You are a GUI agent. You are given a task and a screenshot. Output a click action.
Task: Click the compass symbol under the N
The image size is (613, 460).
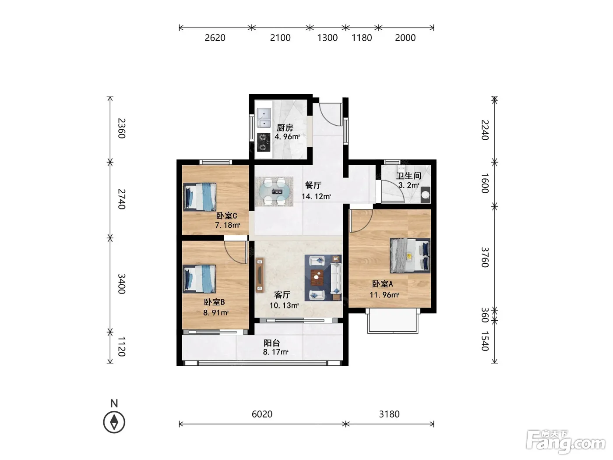click(114, 422)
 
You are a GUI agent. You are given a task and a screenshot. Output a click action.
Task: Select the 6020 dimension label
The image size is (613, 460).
click(262, 414)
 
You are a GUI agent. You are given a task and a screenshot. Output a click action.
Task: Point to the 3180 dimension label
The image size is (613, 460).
click(389, 414)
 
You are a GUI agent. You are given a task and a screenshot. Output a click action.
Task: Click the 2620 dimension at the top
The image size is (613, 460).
click(215, 38)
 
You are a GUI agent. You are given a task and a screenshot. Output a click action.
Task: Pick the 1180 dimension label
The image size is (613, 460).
click(362, 38)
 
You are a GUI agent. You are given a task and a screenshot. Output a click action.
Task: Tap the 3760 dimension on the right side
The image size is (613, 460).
click(485, 257)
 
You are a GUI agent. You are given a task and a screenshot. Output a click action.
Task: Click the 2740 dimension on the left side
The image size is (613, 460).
click(121, 199)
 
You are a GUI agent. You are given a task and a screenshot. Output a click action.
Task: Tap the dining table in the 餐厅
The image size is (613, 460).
click(274, 191)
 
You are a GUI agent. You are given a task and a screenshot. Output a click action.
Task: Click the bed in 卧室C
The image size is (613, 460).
click(200, 197)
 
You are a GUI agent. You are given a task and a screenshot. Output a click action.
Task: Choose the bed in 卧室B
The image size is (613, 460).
click(199, 279)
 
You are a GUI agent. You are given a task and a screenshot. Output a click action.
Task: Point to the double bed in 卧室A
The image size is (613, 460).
click(410, 255)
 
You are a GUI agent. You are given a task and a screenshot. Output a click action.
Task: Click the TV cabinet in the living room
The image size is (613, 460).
click(260, 275)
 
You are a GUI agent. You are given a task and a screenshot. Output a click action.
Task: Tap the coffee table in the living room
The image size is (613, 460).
click(317, 278)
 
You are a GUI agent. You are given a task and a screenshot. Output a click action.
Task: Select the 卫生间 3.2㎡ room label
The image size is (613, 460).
click(409, 180)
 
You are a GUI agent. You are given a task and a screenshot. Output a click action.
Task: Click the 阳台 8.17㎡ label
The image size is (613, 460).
click(275, 347)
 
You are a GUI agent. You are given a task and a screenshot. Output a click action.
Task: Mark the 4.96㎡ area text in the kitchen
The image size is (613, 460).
click(287, 137)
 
